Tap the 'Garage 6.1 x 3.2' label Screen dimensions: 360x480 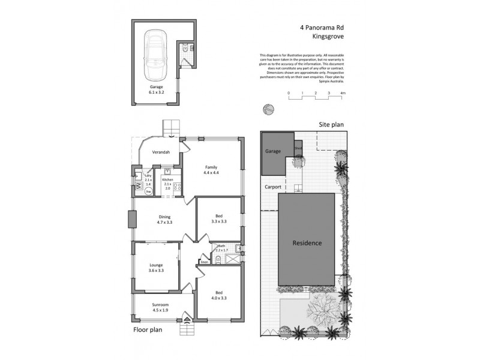point(157,90)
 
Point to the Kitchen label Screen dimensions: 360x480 point(167,179)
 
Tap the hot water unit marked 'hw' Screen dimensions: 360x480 point(148,191)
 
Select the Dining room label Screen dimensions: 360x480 point(164,220)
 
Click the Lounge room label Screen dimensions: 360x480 point(156,268)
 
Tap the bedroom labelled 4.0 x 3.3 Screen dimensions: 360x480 point(219,295)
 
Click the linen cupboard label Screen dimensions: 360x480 point(204,262)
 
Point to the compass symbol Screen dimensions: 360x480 point(268,109)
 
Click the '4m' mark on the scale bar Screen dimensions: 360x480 point(343,94)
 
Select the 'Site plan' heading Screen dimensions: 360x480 point(330,124)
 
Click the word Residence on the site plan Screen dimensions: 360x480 point(307,243)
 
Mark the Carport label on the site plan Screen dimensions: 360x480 point(273,187)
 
